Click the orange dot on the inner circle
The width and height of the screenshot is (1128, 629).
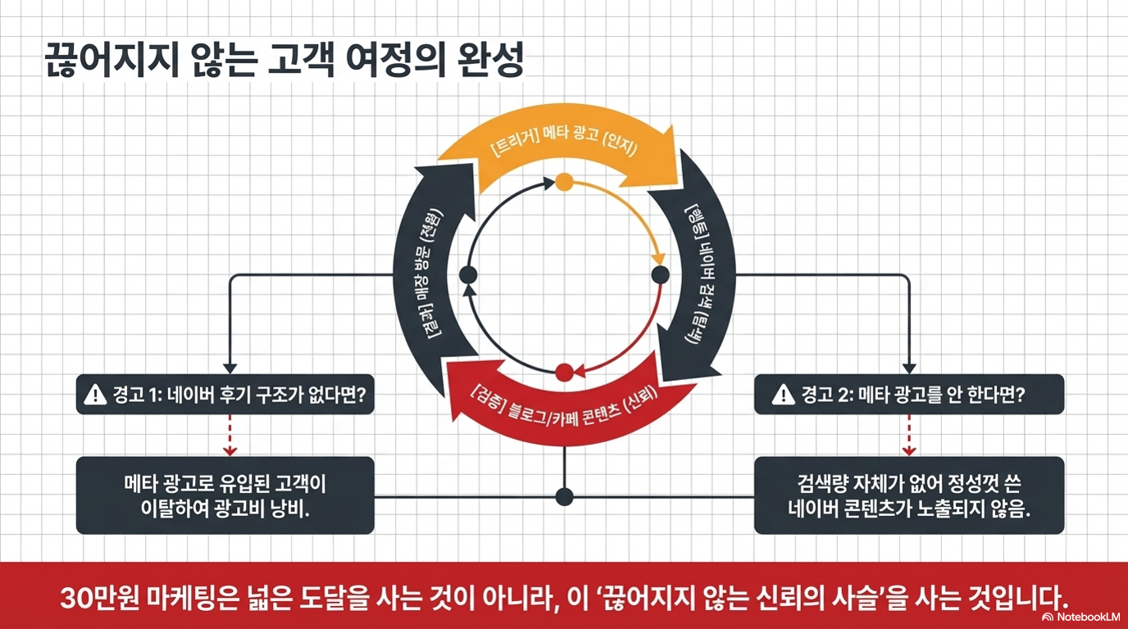point(564,182)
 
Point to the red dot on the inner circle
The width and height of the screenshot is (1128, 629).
point(564,373)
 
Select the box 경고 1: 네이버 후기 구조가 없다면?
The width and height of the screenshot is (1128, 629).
point(225,395)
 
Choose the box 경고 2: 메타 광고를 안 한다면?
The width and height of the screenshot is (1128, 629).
point(909,395)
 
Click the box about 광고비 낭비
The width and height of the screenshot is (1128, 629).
point(225,496)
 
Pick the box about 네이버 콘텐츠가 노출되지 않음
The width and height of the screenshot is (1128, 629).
point(909,496)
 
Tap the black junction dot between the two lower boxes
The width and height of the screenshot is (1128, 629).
point(564,496)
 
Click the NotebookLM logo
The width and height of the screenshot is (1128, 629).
point(1080,616)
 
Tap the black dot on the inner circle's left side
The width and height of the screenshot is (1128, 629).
point(468,275)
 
